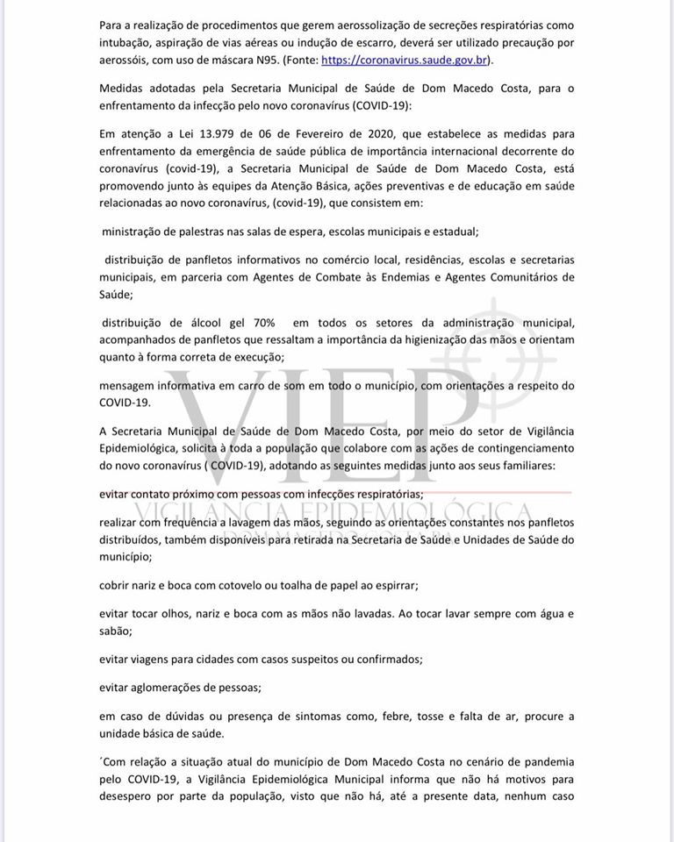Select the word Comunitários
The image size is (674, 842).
point(514,277)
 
